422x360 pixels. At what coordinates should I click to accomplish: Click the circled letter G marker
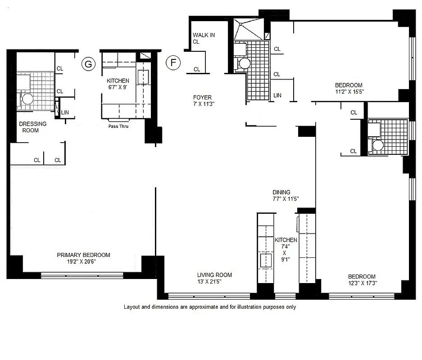88,64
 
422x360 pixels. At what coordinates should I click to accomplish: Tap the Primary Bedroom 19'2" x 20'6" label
83,258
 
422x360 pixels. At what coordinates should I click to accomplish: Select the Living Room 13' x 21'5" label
214,278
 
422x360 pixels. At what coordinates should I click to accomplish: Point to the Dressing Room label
32,127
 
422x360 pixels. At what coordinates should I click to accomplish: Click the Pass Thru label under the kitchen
118,126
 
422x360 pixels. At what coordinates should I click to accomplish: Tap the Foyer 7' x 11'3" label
202,100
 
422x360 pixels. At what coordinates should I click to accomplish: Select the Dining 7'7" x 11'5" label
286,195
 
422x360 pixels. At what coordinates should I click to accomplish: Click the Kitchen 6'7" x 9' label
118,84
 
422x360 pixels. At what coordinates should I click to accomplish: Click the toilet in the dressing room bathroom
27,99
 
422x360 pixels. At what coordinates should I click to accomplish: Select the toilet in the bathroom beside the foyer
244,63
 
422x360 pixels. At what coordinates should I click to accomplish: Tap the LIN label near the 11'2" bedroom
277,95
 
